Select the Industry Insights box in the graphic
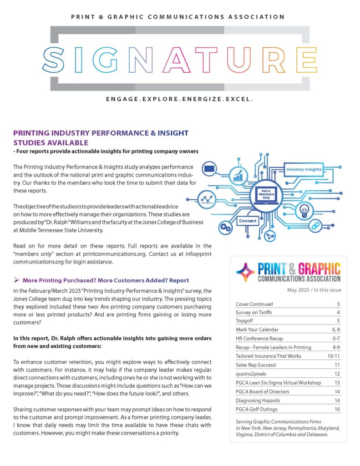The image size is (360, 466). coord(304,169)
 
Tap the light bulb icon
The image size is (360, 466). coord(304,210)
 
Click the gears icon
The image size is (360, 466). coord(224,227)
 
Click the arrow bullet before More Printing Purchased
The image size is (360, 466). coord(16,280)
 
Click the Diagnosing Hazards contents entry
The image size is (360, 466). coord(258,400)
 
